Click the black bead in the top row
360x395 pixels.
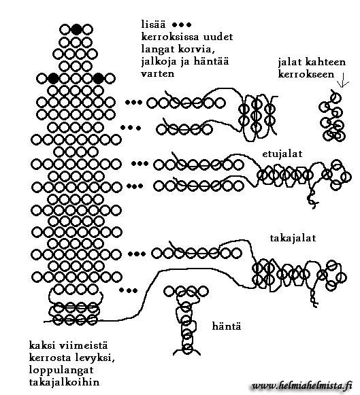[x=76, y=29]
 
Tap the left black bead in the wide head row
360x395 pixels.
[x=53, y=78]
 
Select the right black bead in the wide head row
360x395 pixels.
[x=98, y=78]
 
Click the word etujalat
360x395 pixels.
[x=282, y=154]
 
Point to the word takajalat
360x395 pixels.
[x=293, y=238]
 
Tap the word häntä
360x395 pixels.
[x=227, y=326]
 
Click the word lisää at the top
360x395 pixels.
[x=153, y=24]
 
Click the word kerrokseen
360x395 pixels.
[x=306, y=74]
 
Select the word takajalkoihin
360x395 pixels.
[x=64, y=382]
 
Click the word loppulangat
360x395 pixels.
[x=61, y=370]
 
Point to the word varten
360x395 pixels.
[x=158, y=73]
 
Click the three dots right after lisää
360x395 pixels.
[x=182, y=24]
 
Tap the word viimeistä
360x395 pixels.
[x=83, y=345]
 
